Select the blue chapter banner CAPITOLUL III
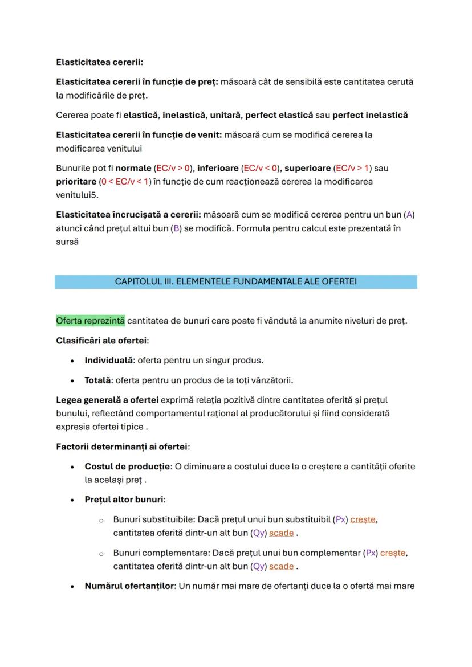tap(235, 281)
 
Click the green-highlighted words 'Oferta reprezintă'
tap(91, 321)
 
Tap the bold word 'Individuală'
tap(108, 361)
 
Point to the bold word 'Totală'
tap(97, 380)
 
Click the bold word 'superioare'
tap(307, 168)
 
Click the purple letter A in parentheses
tap(409, 215)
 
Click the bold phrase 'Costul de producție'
tap(127, 467)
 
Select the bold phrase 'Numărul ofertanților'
tap(129, 586)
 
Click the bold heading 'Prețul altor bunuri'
tap(124, 500)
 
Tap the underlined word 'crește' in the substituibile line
tap(363, 519)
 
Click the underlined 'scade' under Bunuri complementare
tap(281, 566)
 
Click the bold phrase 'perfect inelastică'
tap(370, 115)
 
